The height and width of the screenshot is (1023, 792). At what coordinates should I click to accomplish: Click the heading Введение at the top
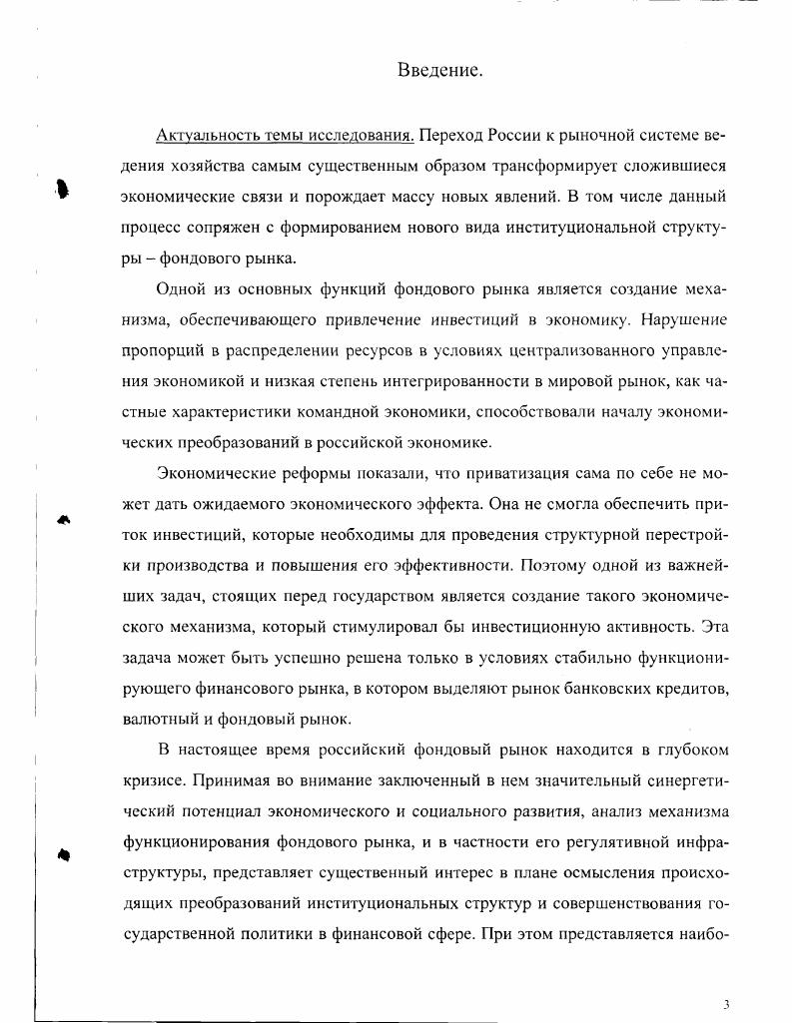440,70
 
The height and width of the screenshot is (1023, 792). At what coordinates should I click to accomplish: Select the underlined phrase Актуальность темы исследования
285,135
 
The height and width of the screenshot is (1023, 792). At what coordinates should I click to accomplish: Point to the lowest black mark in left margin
64,853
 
